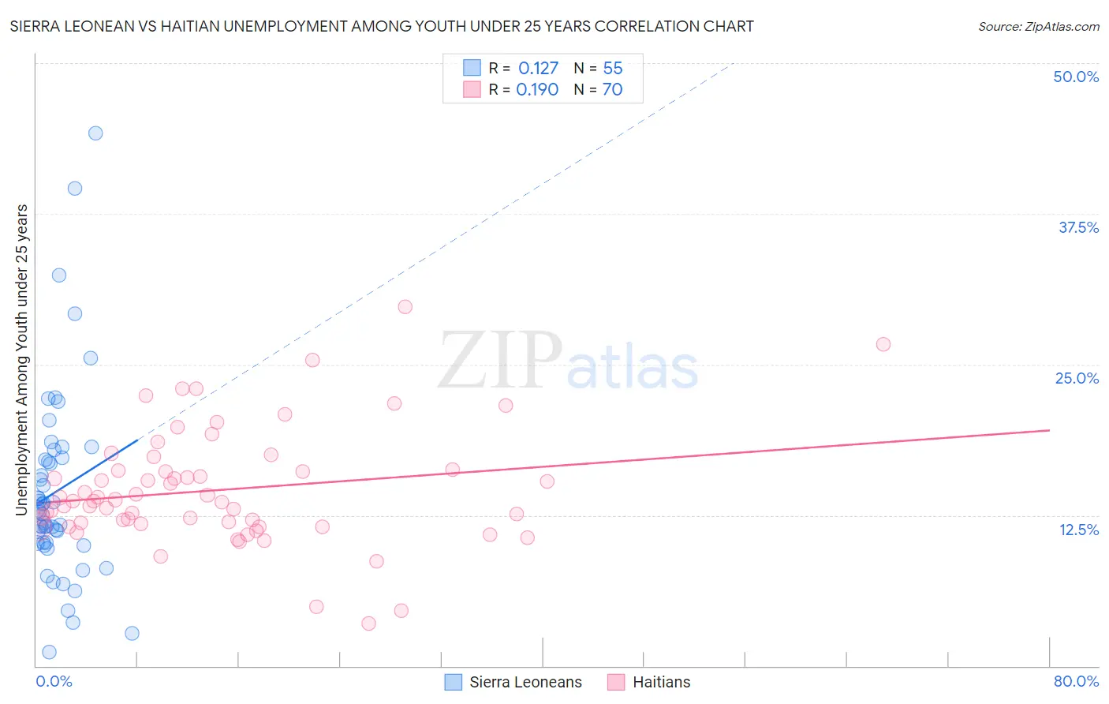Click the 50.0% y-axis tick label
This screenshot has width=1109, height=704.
coord(1076,77)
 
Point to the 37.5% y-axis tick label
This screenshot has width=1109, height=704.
coord(1078,227)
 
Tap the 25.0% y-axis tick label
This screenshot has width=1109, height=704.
coord(1077,378)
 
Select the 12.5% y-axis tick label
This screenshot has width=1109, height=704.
coord(1078,530)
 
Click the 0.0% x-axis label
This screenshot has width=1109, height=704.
coord(54,681)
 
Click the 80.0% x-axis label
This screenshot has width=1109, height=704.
coord(1076,681)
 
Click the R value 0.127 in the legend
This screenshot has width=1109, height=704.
coord(538,69)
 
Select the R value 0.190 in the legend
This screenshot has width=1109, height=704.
coord(537,90)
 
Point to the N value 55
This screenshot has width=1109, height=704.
coord(613,69)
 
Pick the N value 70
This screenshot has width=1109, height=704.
coord(613,90)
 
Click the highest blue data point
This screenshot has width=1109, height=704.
coord(95,133)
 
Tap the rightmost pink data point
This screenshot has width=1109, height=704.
coord(883,344)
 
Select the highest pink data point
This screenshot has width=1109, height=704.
coord(405,307)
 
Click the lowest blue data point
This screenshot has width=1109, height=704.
coord(49,652)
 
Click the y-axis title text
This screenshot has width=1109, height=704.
coord(22,360)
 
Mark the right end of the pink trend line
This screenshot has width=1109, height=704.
coord(1050,430)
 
